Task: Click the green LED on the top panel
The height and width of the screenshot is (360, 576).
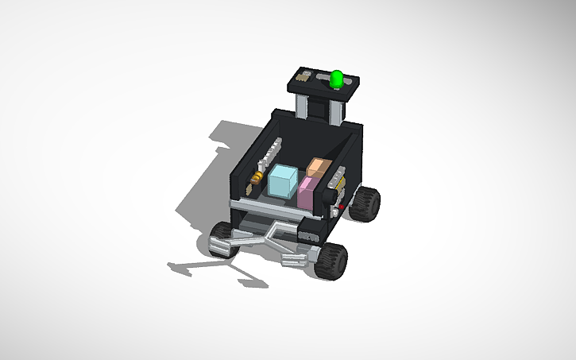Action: [337, 78]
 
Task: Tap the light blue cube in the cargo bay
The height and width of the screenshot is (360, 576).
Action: [281, 181]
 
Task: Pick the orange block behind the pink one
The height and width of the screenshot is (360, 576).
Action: [318, 169]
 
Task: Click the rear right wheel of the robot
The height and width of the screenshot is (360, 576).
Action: [367, 203]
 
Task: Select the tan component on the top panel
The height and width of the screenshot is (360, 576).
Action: [302, 78]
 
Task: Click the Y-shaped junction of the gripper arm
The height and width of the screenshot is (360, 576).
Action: [273, 234]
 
